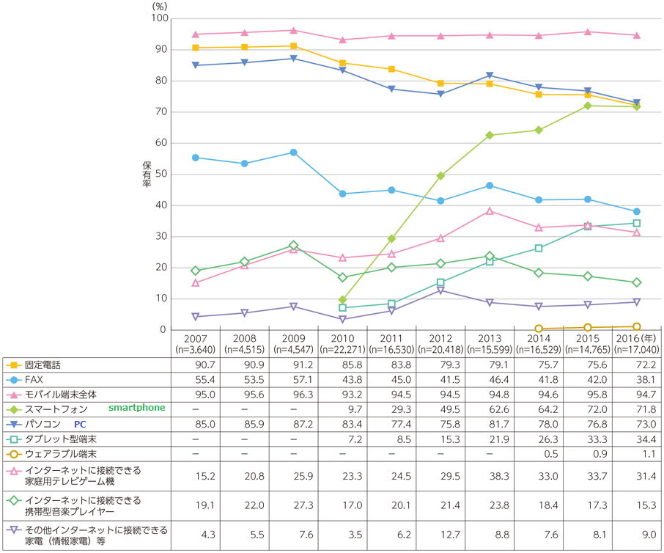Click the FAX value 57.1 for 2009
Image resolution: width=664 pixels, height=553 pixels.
point(293,378)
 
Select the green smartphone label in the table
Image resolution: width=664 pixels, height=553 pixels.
point(137,408)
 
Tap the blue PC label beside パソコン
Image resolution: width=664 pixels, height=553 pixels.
point(79,423)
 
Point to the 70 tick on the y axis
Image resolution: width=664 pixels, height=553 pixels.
point(160,111)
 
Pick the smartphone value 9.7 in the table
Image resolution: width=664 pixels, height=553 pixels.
point(342,408)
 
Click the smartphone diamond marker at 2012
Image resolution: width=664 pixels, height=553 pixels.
point(441,176)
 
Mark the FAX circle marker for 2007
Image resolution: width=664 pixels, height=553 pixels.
point(195,158)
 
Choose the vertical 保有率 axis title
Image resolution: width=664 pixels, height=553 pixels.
point(147,174)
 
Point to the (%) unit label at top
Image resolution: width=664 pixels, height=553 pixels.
point(160,6)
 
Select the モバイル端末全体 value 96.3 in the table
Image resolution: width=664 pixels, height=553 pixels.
point(293,393)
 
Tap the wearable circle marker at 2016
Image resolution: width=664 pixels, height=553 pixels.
point(637,326)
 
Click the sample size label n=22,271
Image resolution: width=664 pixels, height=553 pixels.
point(342,349)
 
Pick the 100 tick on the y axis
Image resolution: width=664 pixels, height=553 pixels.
point(158,18)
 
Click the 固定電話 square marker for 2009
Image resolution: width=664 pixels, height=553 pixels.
point(293,46)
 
